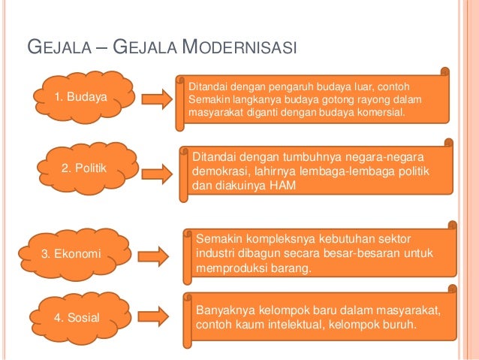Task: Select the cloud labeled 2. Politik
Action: point(83,168)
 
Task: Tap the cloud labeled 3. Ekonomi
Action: point(71,253)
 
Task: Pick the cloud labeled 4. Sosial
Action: point(77,317)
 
